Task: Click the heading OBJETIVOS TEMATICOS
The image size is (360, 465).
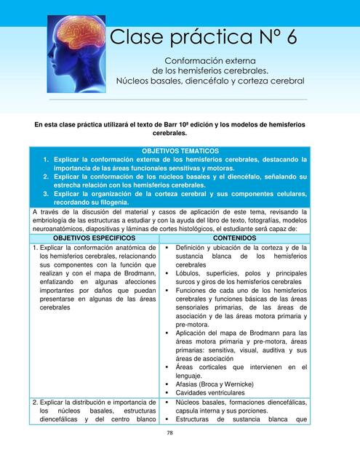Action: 180,150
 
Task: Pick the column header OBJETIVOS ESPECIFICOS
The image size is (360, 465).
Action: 94,238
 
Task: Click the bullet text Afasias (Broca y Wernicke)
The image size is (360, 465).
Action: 215,384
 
